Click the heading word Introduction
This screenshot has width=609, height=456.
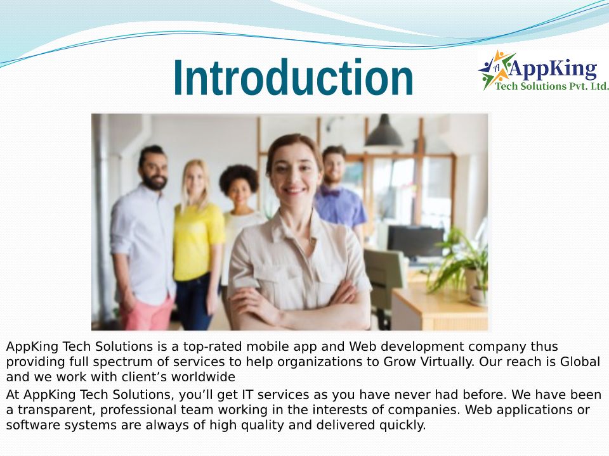[293, 77]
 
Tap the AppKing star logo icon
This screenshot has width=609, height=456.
[494, 70]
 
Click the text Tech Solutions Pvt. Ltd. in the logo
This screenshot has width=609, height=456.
[551, 85]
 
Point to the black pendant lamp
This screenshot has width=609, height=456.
[384, 131]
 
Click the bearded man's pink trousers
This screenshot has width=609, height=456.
[147, 313]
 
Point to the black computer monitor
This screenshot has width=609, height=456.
[416, 241]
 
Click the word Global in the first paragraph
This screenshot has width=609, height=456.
[580, 362]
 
